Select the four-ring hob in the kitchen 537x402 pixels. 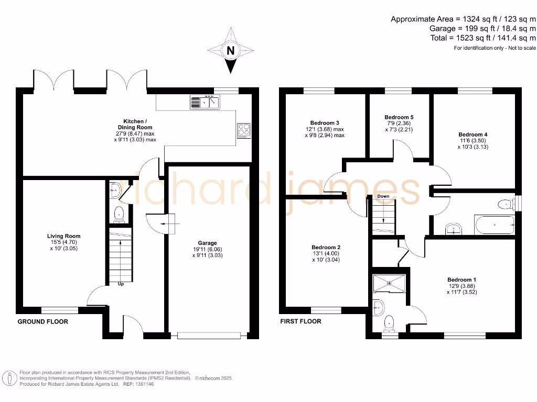click(244, 129)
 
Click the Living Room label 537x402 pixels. click(63, 236)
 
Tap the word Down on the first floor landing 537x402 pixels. click(382, 196)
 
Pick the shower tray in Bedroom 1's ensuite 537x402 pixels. click(389, 283)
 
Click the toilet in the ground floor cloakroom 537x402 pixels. click(120, 213)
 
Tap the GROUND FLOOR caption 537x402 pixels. click(43, 321)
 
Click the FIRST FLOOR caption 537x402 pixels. click(300, 321)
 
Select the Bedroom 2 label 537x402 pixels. click(326, 247)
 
